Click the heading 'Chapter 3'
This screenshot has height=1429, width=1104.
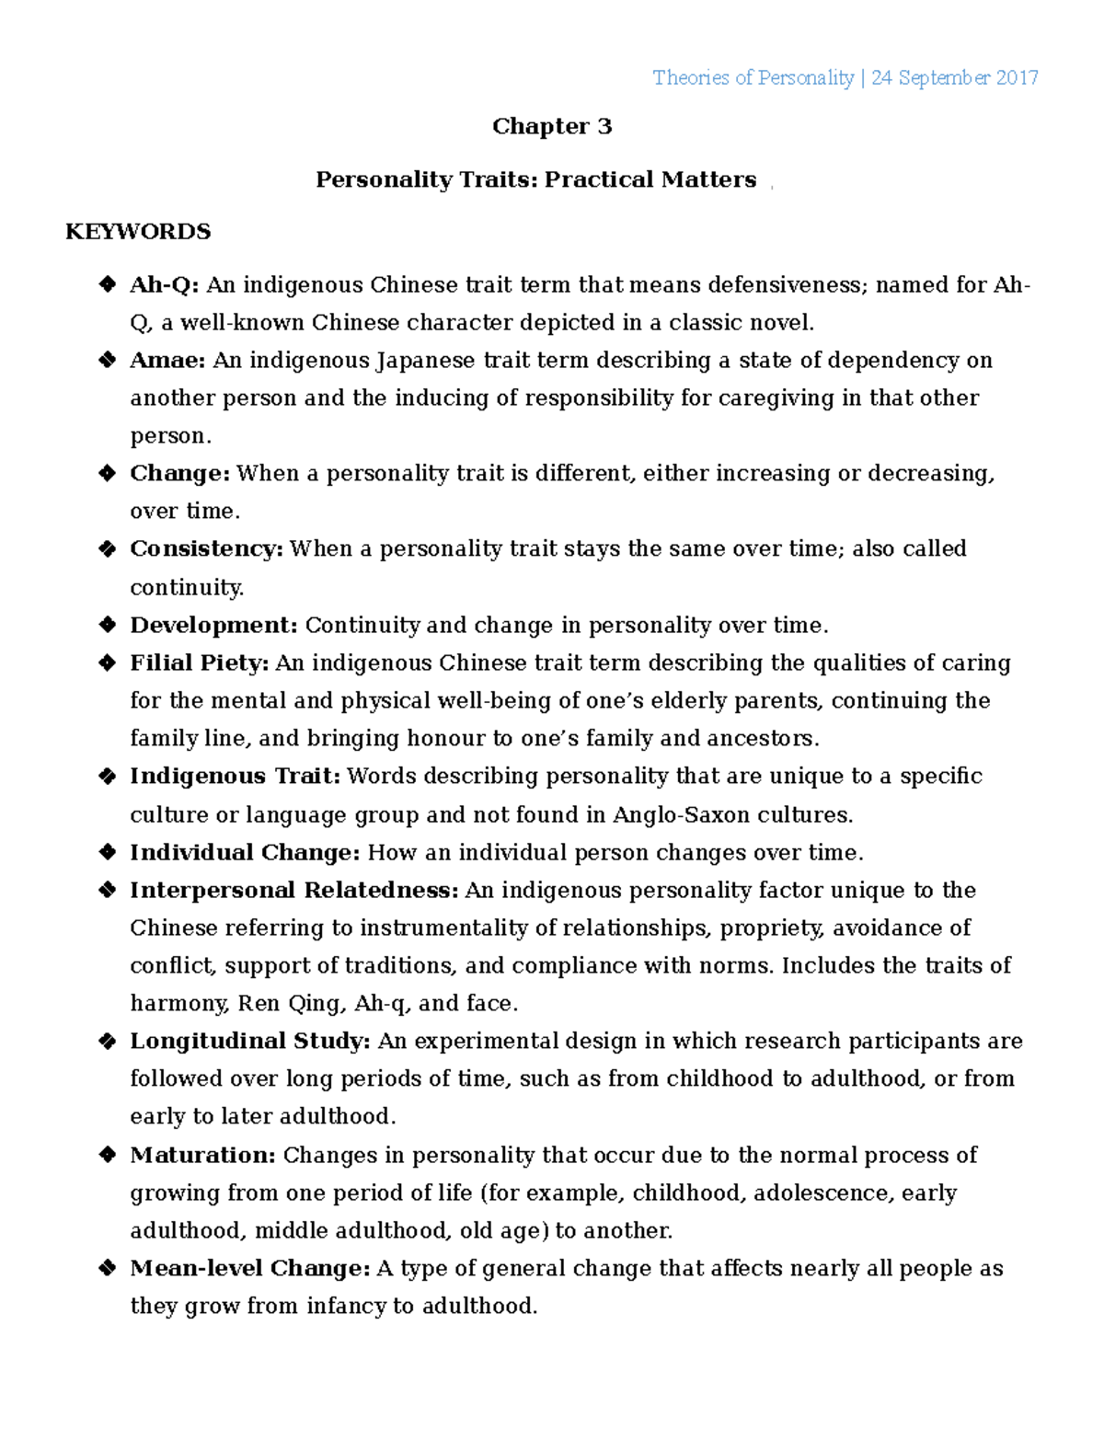(551, 126)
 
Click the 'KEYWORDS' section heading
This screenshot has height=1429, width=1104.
(138, 231)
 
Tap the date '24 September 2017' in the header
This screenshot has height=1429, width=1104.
(954, 78)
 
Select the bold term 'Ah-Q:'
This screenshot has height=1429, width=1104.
(164, 285)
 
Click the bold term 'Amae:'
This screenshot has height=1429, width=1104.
(167, 361)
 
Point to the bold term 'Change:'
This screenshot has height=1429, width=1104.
(179, 474)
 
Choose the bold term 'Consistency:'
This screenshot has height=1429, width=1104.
(206, 549)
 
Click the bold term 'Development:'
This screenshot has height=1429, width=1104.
(213, 626)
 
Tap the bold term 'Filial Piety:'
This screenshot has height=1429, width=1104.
(199, 663)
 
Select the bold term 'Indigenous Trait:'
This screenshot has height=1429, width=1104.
(235, 777)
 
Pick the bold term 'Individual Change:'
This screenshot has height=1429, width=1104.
(245, 853)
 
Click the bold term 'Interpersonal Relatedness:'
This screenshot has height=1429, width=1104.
(293, 891)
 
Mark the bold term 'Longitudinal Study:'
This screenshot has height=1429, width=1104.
(250, 1042)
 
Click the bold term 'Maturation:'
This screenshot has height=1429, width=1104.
(202, 1156)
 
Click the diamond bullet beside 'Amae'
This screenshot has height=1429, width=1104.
(107, 361)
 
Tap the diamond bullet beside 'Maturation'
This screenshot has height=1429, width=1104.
(107, 1156)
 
